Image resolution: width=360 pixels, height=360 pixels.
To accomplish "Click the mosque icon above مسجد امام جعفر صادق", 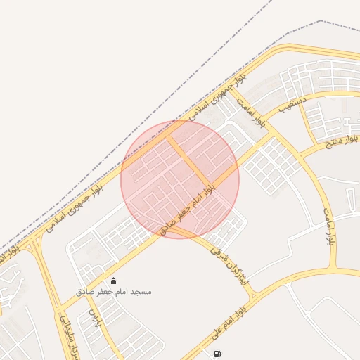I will click(x=114, y=281).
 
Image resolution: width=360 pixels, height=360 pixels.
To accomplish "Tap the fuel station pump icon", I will click(x=217, y=353).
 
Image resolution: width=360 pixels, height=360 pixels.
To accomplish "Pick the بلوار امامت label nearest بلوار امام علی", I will click(x=328, y=225).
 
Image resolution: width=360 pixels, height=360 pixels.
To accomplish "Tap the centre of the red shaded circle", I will click(x=180, y=179).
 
